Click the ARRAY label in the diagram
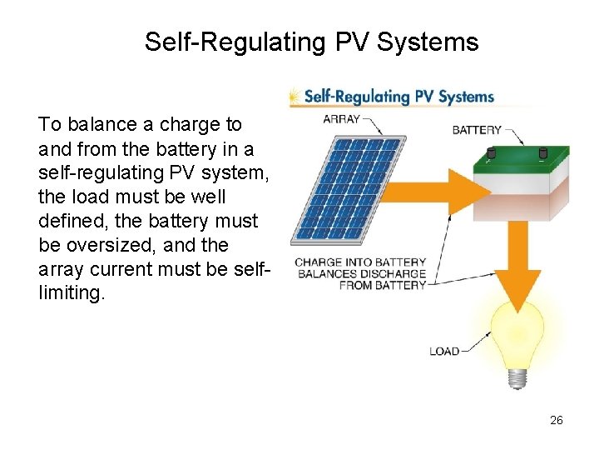pyautogui.click(x=341, y=119)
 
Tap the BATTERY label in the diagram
pyautogui.click(x=477, y=130)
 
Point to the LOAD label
pyautogui.click(x=444, y=351)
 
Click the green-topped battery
pyautogui.click(x=522, y=182)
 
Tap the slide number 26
pyautogui.click(x=557, y=420)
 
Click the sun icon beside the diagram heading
pyautogui.click(x=295, y=97)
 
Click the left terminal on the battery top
pyautogui.click(x=491, y=153)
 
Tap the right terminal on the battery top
pyautogui.click(x=543, y=153)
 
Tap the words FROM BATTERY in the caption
pyautogui.click(x=382, y=285)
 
